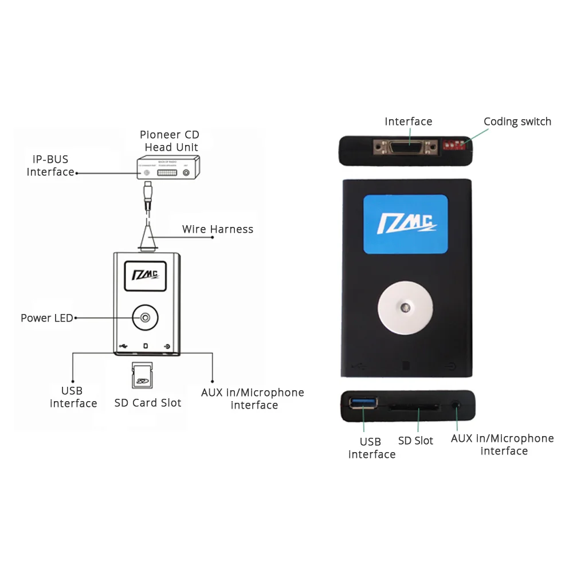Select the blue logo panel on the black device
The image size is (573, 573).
point(406,224)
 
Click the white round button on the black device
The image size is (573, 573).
point(405,308)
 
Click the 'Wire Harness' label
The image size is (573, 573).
point(218,229)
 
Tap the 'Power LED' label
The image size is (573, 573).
point(47,318)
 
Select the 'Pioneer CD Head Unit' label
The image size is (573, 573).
point(170,141)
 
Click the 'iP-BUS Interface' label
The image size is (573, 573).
point(50,166)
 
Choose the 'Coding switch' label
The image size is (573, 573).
point(517,121)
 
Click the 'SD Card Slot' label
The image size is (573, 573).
point(148,403)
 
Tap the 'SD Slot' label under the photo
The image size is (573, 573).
point(415,441)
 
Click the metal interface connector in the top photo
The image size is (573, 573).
point(407,148)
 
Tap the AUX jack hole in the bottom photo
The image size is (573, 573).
point(456,405)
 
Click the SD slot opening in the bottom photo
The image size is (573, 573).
point(414,407)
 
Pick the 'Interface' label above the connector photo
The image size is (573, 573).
point(409,121)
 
